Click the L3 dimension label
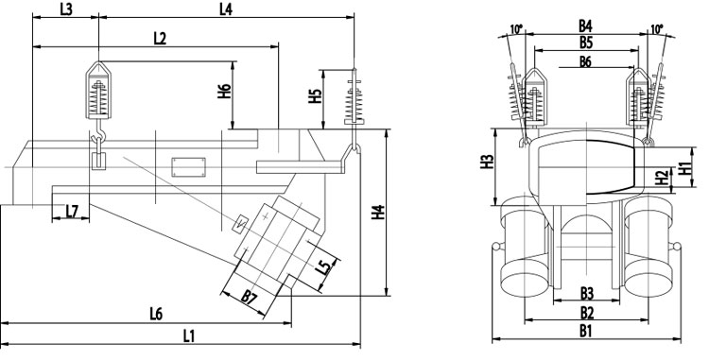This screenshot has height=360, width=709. point(66,9)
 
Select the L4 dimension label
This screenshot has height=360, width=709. point(226,9)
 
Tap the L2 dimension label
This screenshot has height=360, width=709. point(160,39)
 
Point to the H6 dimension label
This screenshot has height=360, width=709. point(225,92)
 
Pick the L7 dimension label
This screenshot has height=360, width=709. point(72,211)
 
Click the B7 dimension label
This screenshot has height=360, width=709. point(250,297)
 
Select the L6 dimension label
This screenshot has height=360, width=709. point(156,314)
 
